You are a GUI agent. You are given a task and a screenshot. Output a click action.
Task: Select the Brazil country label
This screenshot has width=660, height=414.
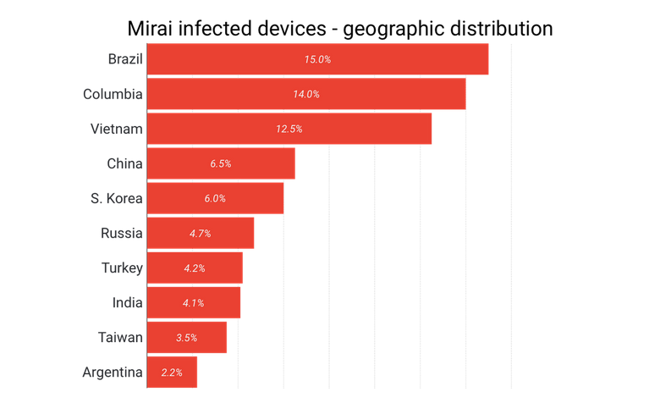pyautogui.click(x=125, y=59)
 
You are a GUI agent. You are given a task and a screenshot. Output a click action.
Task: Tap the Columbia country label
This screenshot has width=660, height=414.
pyautogui.click(x=113, y=94)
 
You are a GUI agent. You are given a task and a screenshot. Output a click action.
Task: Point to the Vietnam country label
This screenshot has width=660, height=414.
pyautogui.click(x=117, y=129)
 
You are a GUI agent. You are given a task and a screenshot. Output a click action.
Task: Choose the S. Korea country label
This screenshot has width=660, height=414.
pyautogui.click(x=117, y=198)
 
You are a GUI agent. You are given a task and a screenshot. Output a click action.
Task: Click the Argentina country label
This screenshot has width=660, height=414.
pyautogui.click(x=113, y=372)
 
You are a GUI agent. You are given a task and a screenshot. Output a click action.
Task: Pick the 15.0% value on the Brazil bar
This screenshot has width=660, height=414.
pyautogui.click(x=317, y=59)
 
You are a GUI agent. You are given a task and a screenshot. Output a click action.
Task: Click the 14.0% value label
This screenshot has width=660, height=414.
pyautogui.click(x=306, y=94)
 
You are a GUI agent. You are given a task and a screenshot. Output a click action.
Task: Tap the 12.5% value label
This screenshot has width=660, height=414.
pyautogui.click(x=289, y=129)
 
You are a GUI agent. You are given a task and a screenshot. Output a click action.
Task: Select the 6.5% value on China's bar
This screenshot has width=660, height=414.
pyautogui.click(x=221, y=163)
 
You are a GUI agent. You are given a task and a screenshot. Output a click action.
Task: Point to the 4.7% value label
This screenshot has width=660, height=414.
pyautogui.click(x=200, y=233)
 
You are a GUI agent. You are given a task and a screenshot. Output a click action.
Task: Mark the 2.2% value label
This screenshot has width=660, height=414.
pyautogui.click(x=172, y=372)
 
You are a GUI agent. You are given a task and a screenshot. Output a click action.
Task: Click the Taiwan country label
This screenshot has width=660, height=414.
pyautogui.click(x=120, y=337)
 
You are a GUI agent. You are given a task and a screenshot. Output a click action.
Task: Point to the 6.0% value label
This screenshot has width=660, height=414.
pyautogui.click(x=215, y=198)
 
